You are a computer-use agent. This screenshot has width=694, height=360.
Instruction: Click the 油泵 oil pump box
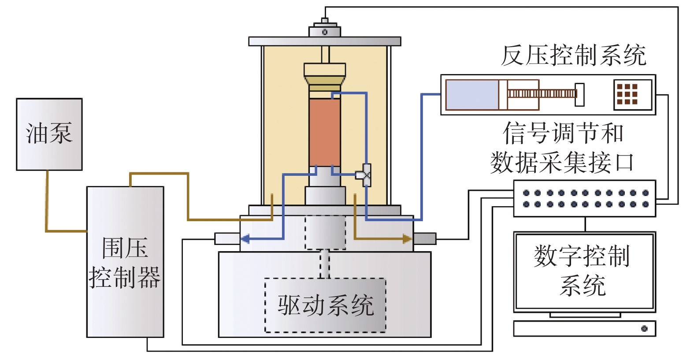(x=49, y=134)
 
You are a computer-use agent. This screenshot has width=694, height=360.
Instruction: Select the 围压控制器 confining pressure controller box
(x=125, y=262)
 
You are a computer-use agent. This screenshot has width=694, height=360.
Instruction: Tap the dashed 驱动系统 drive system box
(x=325, y=305)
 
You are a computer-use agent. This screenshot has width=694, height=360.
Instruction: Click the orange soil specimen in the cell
(x=324, y=132)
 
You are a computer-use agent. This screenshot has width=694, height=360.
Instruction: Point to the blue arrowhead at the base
(x=245, y=239)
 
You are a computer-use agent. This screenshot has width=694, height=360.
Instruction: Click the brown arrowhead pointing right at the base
(x=407, y=239)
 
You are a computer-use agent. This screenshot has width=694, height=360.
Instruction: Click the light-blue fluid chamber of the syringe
(x=472, y=94)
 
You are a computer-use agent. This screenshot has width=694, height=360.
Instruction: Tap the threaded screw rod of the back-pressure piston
(x=542, y=93)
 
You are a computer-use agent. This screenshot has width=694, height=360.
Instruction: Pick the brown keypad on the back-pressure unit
(x=627, y=94)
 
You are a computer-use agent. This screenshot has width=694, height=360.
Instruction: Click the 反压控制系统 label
(x=573, y=56)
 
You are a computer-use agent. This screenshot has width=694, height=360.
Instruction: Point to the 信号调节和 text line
(x=563, y=133)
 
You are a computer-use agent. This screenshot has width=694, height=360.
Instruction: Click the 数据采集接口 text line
(x=562, y=163)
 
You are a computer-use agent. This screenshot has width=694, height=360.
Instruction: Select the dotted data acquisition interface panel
(x=585, y=198)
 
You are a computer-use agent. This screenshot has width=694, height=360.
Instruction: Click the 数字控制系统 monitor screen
(x=584, y=271)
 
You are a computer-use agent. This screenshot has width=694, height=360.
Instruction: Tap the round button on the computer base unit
(x=644, y=329)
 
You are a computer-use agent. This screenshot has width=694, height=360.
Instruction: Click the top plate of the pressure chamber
(x=325, y=41)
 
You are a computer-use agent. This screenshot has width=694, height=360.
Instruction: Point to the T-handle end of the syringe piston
(x=580, y=94)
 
